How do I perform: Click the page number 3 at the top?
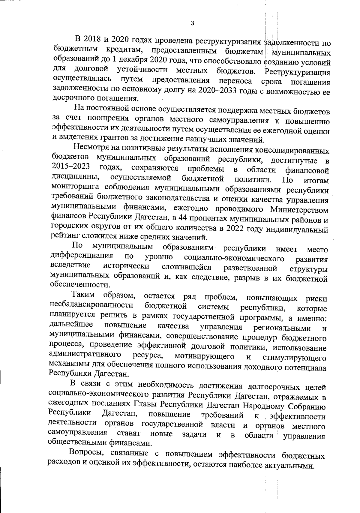tap(192, 23)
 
